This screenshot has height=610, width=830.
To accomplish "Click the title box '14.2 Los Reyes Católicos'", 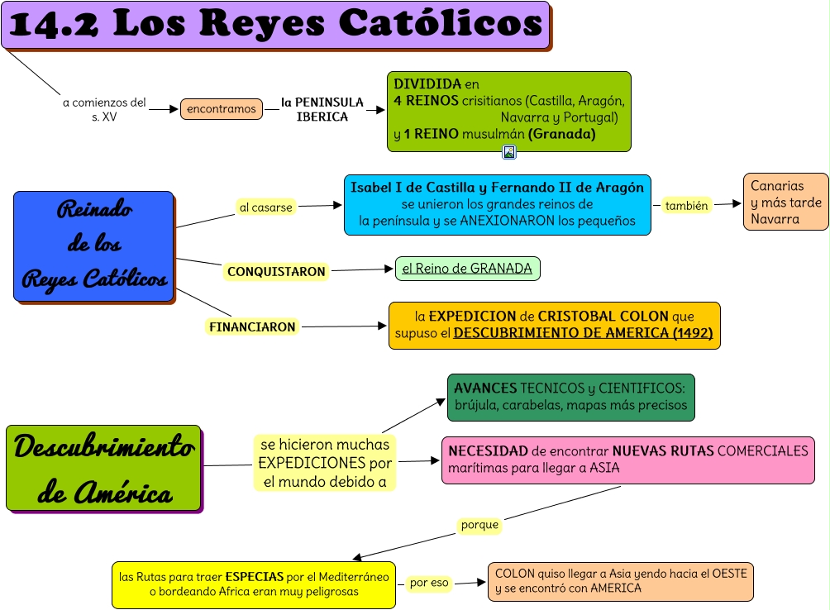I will click(x=275, y=25).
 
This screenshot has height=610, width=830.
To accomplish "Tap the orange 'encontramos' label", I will click(x=222, y=109).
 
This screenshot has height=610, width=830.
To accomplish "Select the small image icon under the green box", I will click(x=509, y=152).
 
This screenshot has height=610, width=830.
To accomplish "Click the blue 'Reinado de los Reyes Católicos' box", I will click(x=93, y=245).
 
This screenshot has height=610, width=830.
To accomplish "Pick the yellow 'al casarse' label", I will click(x=265, y=207).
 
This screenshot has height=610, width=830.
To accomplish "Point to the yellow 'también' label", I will click(x=686, y=206).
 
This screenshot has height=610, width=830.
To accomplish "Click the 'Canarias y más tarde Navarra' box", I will click(x=785, y=202).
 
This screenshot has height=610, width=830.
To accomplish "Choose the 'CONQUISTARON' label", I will click(x=276, y=271).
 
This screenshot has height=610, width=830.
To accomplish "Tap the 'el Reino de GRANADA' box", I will click(x=467, y=269).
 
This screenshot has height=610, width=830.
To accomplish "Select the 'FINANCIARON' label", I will click(x=252, y=326).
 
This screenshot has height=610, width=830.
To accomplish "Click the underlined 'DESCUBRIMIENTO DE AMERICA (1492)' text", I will click(x=583, y=334).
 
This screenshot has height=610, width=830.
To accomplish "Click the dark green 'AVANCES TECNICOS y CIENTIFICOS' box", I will click(x=570, y=397).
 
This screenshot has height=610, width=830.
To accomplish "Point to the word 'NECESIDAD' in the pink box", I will click(x=488, y=451).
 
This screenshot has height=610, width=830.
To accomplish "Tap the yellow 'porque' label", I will click(x=479, y=525).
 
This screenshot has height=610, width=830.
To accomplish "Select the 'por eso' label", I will click(x=429, y=583).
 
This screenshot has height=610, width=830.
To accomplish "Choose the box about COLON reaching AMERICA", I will click(x=620, y=582).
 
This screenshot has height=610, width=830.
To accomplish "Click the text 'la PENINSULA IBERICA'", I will click(x=322, y=109).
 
